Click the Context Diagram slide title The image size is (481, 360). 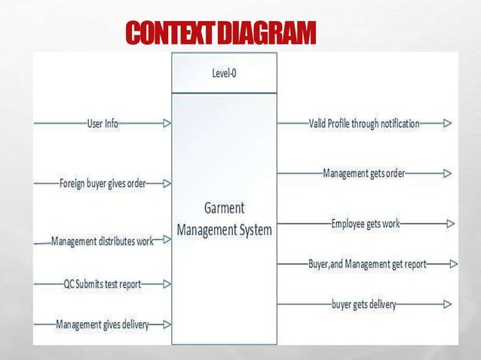(x=219, y=34)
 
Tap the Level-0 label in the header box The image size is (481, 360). (x=225, y=74)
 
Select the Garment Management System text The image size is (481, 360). (x=224, y=218)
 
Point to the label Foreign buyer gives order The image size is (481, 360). (x=103, y=183)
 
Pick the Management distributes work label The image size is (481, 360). (x=103, y=241)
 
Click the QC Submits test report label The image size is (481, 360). (x=103, y=284)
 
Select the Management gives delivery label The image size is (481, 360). (x=103, y=325)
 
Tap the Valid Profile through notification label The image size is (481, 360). (x=364, y=123)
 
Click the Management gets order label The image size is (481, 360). (x=364, y=173)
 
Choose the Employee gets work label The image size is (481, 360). (x=366, y=224)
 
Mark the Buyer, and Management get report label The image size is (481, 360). (x=367, y=264)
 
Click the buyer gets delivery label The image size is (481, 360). (x=364, y=304)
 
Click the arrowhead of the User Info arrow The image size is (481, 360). (x=167, y=123)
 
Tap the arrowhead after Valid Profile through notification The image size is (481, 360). (x=448, y=123)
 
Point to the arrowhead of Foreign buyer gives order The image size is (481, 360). (x=167, y=183)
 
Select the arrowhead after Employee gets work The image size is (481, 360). (x=450, y=224)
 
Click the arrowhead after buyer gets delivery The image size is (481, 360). (x=448, y=304)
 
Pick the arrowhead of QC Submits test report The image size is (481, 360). (x=167, y=284)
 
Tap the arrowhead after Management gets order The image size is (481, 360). (x=448, y=173)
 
